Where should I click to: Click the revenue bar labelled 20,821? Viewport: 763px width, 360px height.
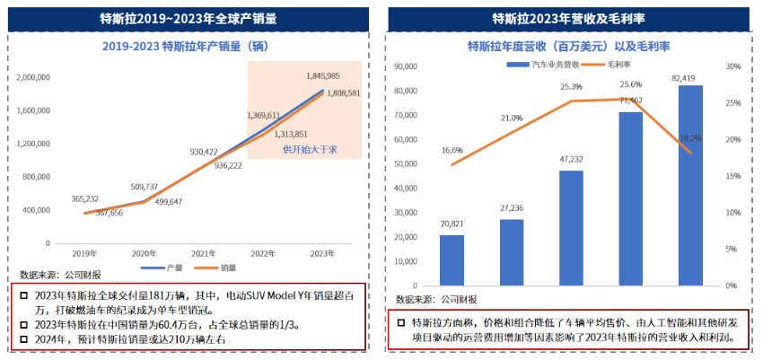tap(452, 260)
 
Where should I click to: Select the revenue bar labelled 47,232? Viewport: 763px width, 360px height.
tap(571, 228)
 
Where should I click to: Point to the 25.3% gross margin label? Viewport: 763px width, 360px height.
tap(571, 87)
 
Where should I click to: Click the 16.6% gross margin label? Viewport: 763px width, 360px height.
tap(452, 151)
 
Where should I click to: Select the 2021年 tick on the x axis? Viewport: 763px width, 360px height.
tap(205, 253)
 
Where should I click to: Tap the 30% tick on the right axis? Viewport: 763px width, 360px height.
tap(732, 66)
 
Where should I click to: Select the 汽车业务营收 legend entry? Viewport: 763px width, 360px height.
tap(548, 65)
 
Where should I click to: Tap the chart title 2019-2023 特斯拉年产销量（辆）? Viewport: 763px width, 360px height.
tap(188, 45)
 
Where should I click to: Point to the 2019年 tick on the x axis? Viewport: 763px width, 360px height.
tap(83, 253)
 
